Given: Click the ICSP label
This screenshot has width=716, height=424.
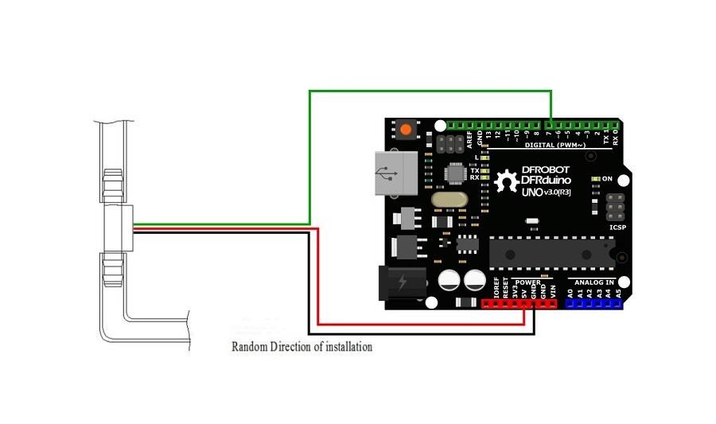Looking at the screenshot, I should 617,228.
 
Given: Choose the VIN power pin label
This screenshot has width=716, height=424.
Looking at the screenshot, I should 554,292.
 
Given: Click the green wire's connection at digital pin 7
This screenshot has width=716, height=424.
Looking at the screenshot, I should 551,125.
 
